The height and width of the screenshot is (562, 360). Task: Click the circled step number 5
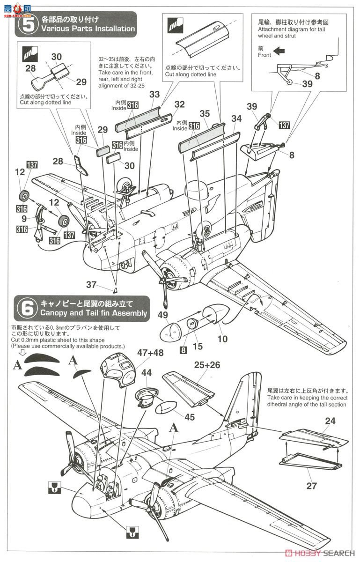[28, 24]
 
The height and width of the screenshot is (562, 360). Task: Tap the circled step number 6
[28, 308]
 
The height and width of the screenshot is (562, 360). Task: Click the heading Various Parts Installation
[88, 29]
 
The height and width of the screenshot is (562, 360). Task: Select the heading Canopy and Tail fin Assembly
[94, 313]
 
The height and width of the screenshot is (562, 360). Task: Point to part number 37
[91, 285]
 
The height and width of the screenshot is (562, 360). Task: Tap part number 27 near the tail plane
[311, 486]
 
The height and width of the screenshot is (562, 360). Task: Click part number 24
[330, 421]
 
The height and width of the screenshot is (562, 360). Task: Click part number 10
[222, 338]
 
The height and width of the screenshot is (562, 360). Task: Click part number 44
[147, 373]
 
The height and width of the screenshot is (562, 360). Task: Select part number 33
[155, 95]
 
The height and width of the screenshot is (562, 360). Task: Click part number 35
[205, 113]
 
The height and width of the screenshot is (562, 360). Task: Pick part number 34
[236, 119]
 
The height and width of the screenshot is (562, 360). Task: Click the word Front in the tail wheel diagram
[264, 55]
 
